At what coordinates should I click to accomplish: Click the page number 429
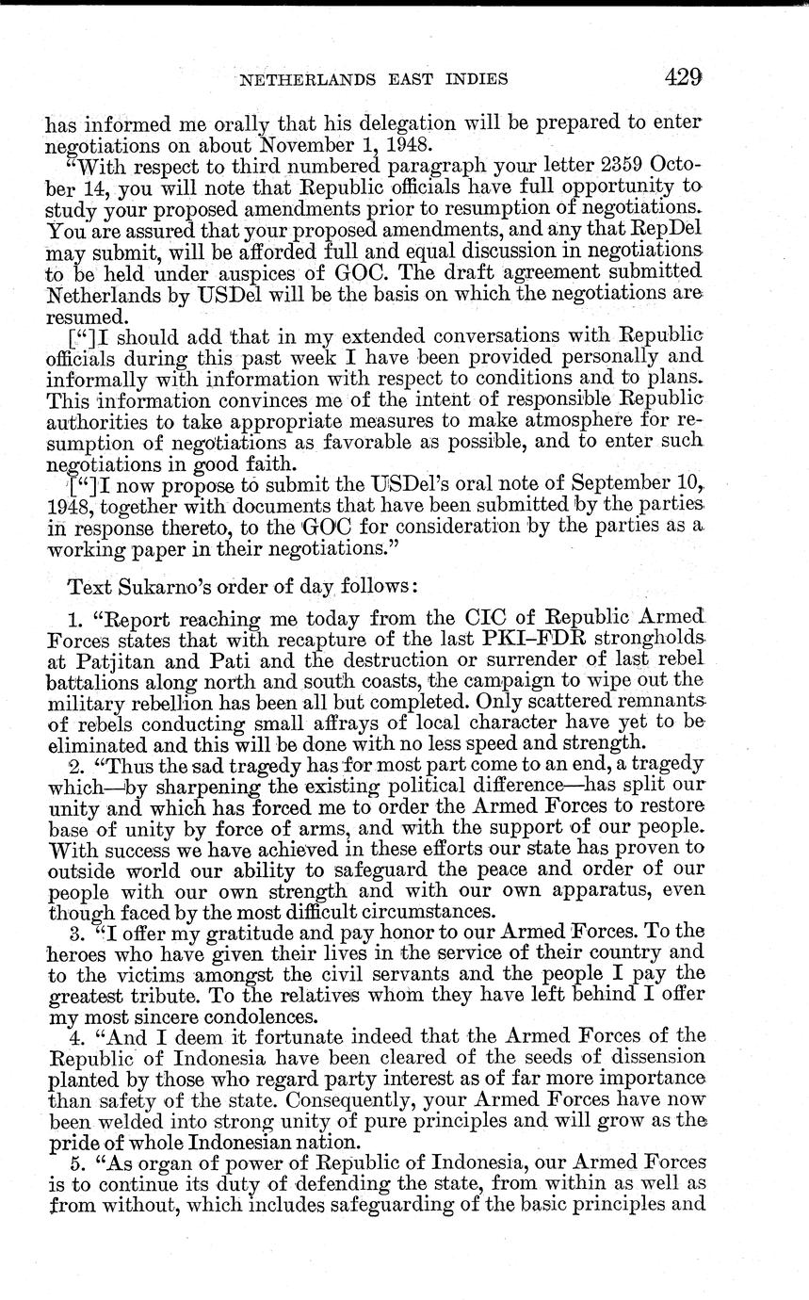(683, 77)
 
